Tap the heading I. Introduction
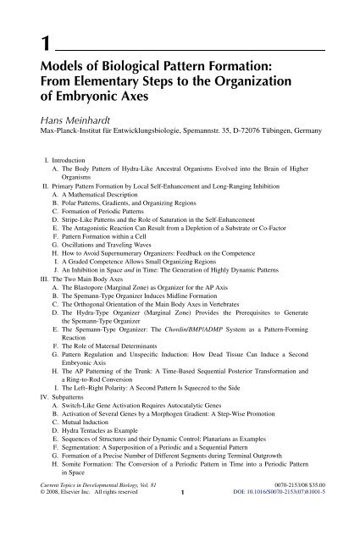coord(69,158)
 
